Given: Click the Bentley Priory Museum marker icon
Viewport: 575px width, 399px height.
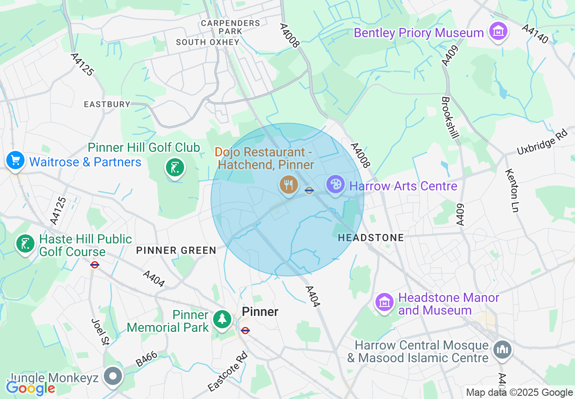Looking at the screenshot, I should tap(498, 32).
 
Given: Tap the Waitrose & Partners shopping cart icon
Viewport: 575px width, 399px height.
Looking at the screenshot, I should tap(15, 161).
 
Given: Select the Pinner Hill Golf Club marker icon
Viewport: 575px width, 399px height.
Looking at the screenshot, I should tap(175, 168).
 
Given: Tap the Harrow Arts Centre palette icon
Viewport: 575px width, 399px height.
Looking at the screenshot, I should tap(336, 185).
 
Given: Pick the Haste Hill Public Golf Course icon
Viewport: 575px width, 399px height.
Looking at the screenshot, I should tap(25, 244).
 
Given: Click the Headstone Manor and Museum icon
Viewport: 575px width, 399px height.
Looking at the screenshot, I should tap(385, 302).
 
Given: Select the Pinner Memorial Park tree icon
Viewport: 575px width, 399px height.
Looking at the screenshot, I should tap(222, 319).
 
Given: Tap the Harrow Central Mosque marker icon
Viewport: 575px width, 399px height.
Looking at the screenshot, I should tap(502, 350).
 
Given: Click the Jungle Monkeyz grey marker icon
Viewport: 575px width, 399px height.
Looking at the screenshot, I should tap(113, 376).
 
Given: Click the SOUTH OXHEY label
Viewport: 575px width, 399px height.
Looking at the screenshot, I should tap(208, 42).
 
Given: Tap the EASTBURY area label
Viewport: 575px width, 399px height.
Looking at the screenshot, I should tap(107, 104).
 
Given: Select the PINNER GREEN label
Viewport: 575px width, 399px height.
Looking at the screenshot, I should tap(176, 250).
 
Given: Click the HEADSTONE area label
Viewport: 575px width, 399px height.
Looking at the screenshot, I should tap(370, 238).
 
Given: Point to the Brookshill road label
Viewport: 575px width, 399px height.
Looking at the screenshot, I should tap(452, 117).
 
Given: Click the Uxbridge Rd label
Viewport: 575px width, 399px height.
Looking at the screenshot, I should tap(542, 141).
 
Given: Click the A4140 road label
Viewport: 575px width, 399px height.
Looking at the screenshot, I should tap(536, 34).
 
